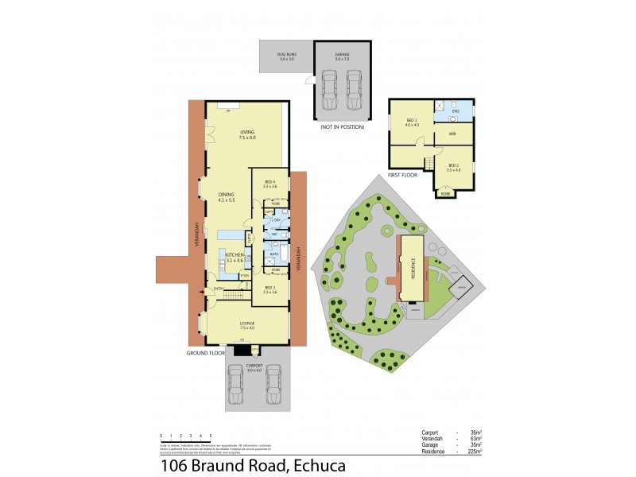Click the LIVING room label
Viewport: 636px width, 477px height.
click(246, 133)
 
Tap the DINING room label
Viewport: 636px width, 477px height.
click(226, 195)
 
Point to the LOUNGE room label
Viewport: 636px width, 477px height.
click(246, 324)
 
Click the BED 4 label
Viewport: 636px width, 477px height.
click(270, 182)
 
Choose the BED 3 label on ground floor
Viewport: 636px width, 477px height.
click(270, 288)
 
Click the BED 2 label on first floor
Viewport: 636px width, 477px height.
click(454, 165)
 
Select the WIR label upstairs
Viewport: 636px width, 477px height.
click(452, 134)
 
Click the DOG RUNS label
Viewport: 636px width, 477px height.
click(286, 55)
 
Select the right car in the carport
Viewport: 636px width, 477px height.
click(273, 386)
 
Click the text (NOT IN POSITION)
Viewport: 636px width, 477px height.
click(342, 127)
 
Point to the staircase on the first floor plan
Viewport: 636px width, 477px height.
click(429, 163)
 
